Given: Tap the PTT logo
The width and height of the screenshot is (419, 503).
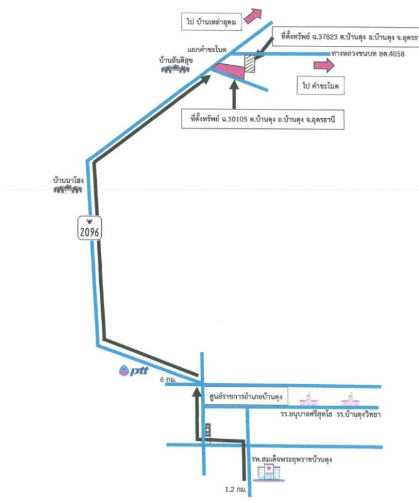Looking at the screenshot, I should pyautogui.click(x=133, y=371).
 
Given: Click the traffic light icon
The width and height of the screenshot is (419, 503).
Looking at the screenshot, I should pyautogui.click(x=207, y=431).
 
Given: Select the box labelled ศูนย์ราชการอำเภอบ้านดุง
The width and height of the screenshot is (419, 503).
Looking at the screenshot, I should pyautogui.click(x=245, y=397).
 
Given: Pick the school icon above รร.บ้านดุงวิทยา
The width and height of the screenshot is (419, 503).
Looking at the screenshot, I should pyautogui.click(x=350, y=401).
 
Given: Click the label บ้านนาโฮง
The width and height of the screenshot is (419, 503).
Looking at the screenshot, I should pyautogui.click(x=68, y=180).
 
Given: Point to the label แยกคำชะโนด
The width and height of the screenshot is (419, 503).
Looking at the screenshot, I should pyautogui.click(x=207, y=48).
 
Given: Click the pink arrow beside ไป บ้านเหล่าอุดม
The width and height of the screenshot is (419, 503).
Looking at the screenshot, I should pyautogui.click(x=254, y=15).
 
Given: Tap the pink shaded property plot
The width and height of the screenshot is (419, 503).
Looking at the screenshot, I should pyautogui.click(x=227, y=69).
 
